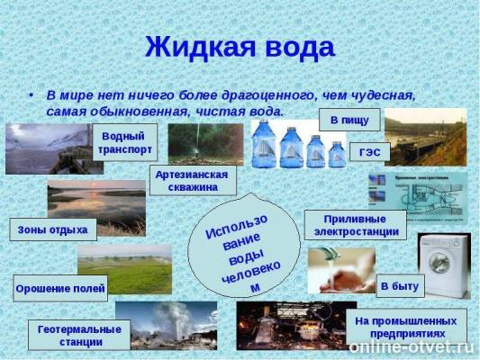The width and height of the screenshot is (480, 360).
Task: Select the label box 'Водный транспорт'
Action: click(x=123, y=141)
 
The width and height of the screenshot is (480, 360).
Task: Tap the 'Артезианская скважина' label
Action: click(x=193, y=179)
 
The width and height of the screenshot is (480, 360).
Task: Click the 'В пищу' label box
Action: click(x=349, y=119)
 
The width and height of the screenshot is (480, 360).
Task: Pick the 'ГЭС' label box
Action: click(x=369, y=151)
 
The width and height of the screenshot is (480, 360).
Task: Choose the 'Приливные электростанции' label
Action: click(x=355, y=224)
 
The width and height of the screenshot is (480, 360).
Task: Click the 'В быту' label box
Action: click(x=399, y=285)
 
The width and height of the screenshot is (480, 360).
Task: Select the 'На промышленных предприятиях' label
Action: click(x=406, y=327)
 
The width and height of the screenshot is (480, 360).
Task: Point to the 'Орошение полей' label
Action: click(x=60, y=290)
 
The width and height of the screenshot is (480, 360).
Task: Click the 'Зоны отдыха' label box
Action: click(x=52, y=229)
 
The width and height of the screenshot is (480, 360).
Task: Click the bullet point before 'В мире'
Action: click(x=32, y=94)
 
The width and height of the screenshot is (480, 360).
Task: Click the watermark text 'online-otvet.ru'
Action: click(x=412, y=346)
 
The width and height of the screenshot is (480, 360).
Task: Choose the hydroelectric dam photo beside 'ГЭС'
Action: click(x=425, y=137)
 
